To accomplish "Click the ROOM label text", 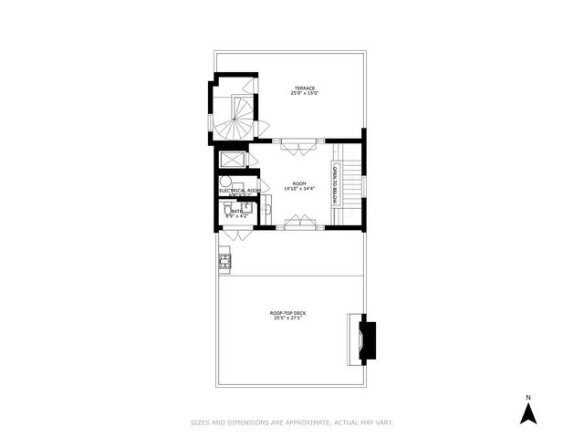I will point(298,182).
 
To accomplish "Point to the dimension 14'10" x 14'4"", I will point(298,189).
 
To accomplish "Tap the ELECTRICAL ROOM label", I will point(239,191).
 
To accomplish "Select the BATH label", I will point(236,211).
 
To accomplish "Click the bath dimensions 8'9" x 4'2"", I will point(236,216).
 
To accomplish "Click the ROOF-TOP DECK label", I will point(287,313).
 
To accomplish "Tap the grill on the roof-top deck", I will point(224,263).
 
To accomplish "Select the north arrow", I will point(527,414).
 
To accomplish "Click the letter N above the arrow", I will point(527,398).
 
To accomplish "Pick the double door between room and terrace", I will point(299,143).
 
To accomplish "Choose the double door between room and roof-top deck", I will point(299,224).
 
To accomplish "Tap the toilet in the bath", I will point(226,214).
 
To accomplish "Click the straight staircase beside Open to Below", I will point(351,182).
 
